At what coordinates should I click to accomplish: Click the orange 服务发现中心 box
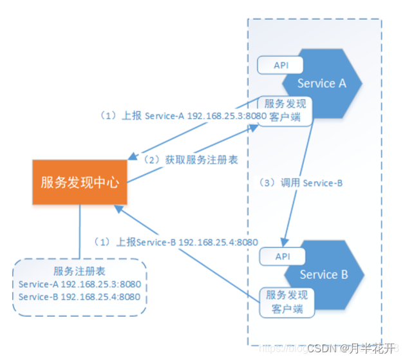tap(80, 182)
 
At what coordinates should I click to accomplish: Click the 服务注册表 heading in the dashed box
tap(80, 271)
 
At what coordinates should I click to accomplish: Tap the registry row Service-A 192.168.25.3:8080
tap(80, 284)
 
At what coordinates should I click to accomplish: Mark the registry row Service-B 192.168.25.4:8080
tap(80, 297)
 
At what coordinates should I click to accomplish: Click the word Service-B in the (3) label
tap(321, 183)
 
